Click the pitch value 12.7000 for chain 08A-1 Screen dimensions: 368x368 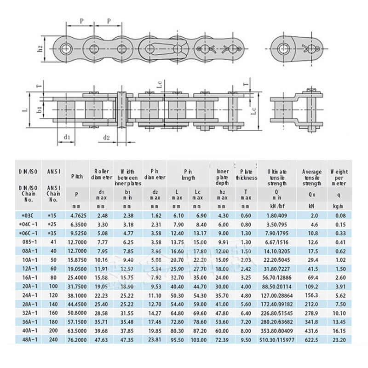pos(77,252)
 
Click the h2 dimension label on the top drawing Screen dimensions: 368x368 pos(40,47)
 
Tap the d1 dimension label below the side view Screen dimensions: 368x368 pos(67,137)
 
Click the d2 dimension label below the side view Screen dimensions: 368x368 pos(106,137)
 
